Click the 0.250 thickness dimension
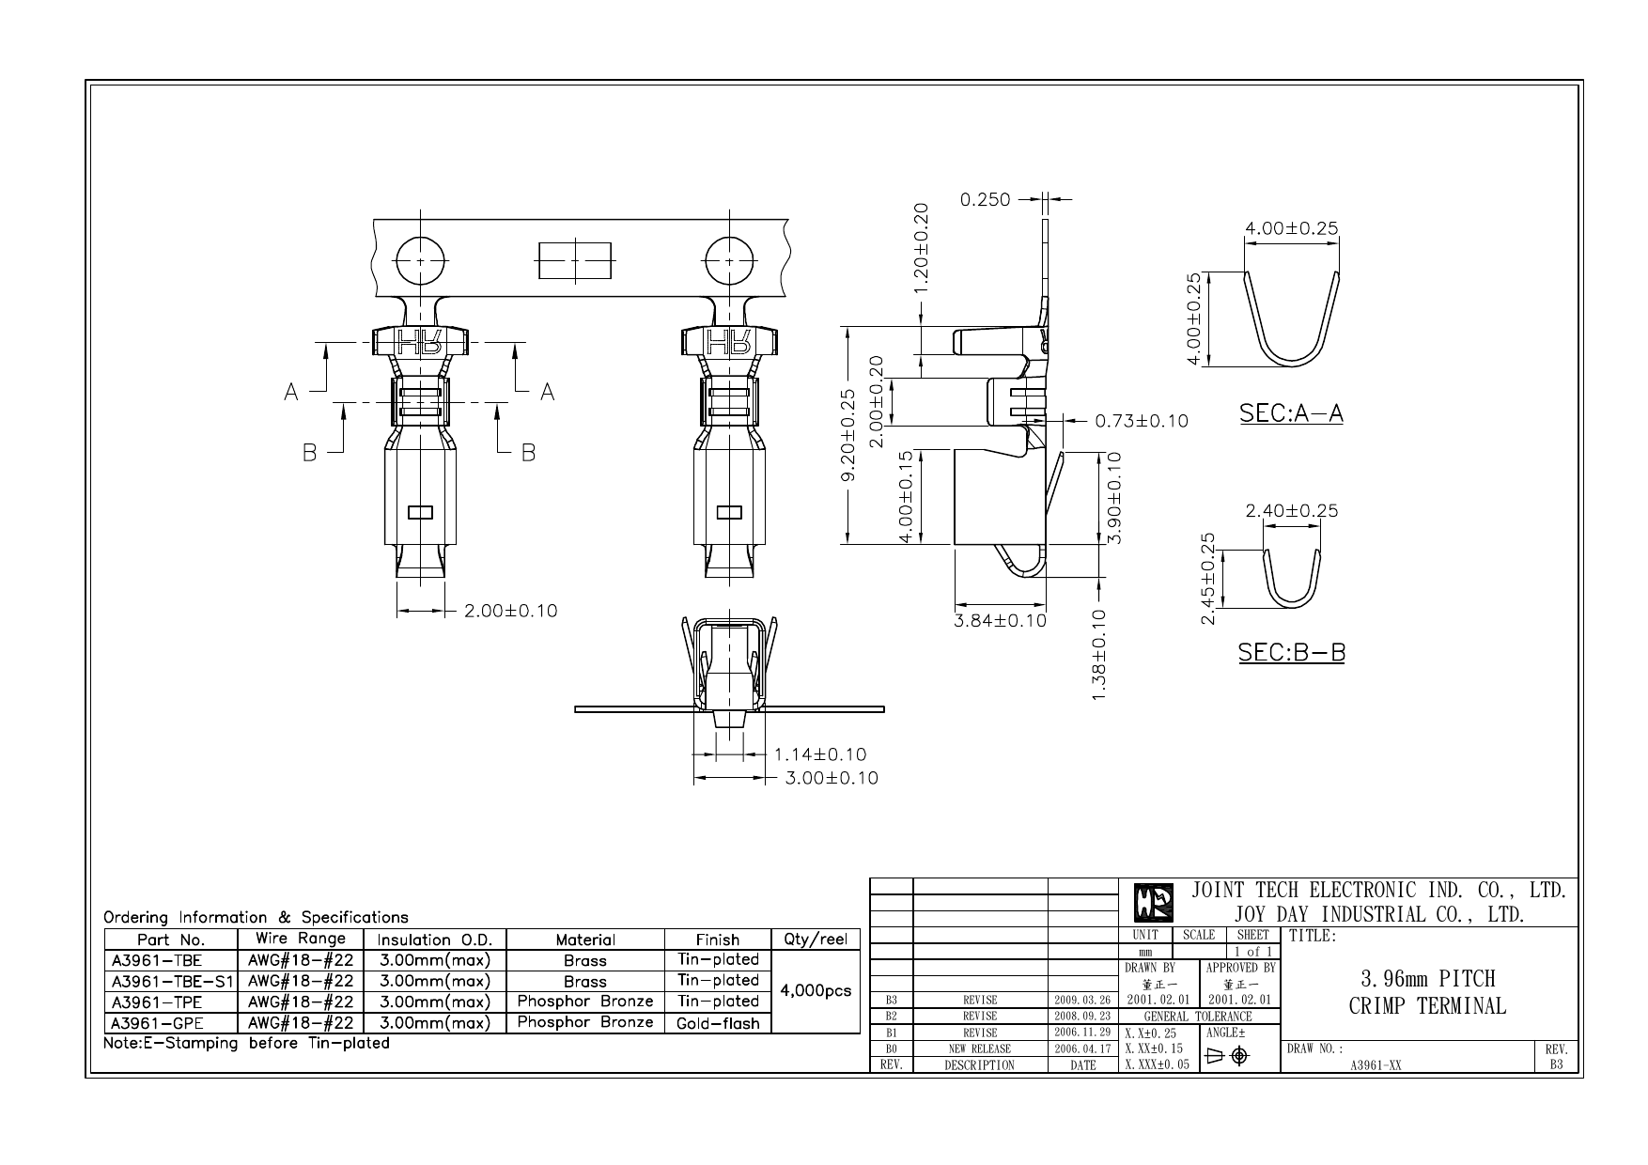pyautogui.click(x=985, y=199)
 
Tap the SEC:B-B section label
pyautogui.click(x=1291, y=651)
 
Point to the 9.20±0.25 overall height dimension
pyautogui.click(x=847, y=435)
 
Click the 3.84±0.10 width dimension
pyautogui.click(x=1000, y=620)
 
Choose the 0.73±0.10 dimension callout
pyautogui.click(x=1142, y=421)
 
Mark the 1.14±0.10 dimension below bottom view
pyautogui.click(x=819, y=753)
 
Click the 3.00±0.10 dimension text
pyautogui.click(x=831, y=778)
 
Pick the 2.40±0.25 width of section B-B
pyautogui.click(x=1291, y=511)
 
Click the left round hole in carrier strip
pyautogui.click(x=420, y=260)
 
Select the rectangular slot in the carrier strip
pyautogui.click(x=574, y=260)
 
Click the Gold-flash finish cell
pyautogui.click(x=718, y=1023)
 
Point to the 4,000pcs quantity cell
pyautogui.click(x=816, y=991)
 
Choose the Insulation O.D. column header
pyautogui.click(x=434, y=940)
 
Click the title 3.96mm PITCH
pyautogui.click(x=1426, y=979)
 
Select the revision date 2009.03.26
pyautogui.click(x=1082, y=1001)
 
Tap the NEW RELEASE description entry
pyautogui.click(x=979, y=1048)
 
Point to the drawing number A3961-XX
pyautogui.click(x=1376, y=1065)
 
